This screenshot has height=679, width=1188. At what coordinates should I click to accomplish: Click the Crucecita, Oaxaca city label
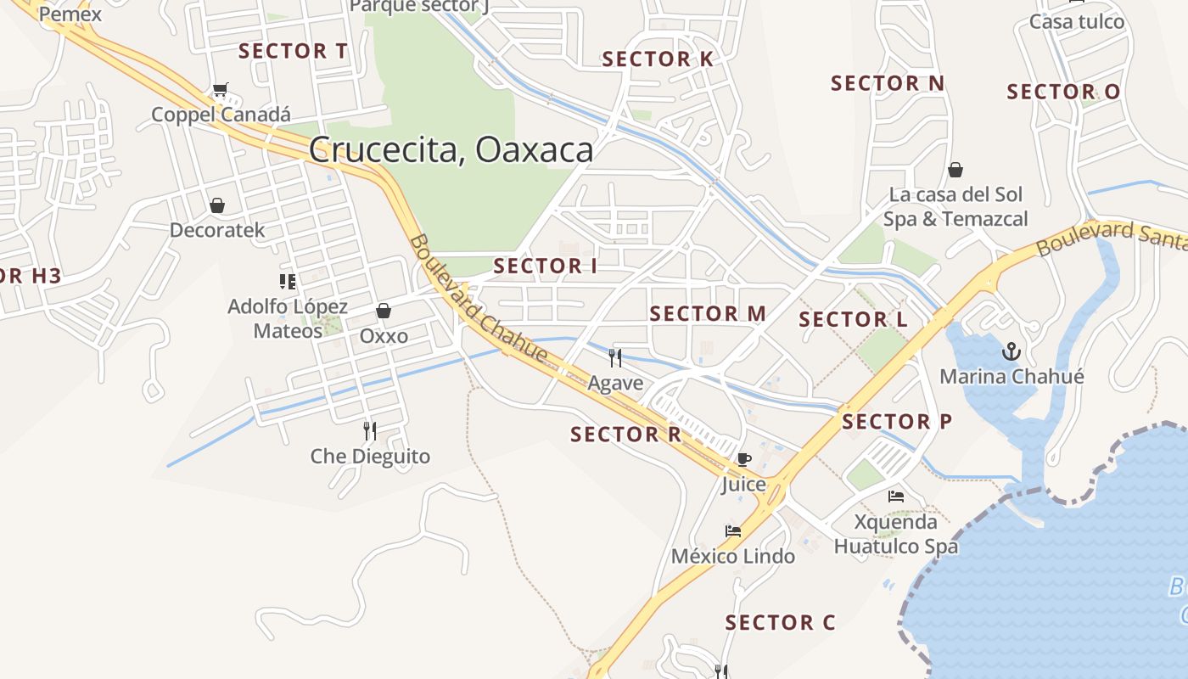coord(451,150)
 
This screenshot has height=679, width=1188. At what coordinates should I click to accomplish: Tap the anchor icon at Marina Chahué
coord(1011,351)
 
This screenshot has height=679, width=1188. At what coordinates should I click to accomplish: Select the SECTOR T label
coord(293,51)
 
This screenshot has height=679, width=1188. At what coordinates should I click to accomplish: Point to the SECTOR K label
coord(658,59)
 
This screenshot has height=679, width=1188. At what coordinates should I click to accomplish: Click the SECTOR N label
coord(888,83)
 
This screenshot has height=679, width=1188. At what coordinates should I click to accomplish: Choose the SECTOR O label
coord(1063,92)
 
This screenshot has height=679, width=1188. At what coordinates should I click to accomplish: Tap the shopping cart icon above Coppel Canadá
coord(221,89)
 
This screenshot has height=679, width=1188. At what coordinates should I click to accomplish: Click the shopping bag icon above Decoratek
coord(217,205)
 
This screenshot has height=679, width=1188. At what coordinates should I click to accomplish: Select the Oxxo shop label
coord(384,336)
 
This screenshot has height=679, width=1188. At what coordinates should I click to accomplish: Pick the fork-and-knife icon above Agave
coord(615,357)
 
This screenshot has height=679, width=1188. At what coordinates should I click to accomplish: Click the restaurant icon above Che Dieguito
coord(369,431)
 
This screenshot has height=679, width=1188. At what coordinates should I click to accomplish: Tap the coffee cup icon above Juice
coord(743,460)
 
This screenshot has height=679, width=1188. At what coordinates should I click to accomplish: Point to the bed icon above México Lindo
coord(733,532)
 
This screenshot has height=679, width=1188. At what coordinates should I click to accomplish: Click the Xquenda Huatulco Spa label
coord(895,534)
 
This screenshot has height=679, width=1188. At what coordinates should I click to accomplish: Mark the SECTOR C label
coord(780,623)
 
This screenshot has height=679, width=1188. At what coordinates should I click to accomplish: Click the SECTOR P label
coord(897,422)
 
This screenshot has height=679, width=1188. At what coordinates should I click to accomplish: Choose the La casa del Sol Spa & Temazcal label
coord(955,207)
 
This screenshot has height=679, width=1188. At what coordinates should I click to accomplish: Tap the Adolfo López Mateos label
coord(289,318)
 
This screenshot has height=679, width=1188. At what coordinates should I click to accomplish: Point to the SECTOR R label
coord(625,435)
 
